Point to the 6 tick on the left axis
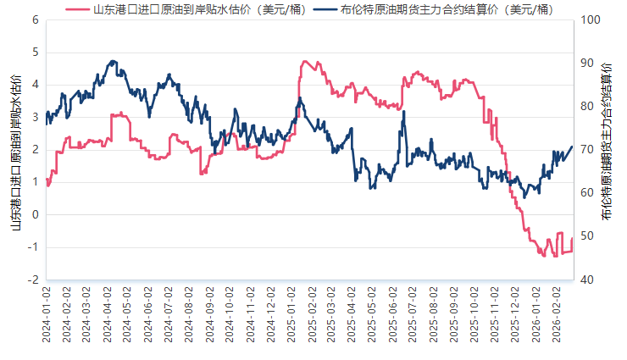[35, 19]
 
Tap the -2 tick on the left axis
[33, 280]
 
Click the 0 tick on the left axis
[35, 214]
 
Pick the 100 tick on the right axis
[591, 19]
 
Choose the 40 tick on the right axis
[588, 280]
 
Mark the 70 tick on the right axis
[588, 150]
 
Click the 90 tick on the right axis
[588, 63]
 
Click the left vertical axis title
[14, 150]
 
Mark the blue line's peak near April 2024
[113, 61]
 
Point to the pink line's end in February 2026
[573, 240]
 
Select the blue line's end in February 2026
[572, 147]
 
